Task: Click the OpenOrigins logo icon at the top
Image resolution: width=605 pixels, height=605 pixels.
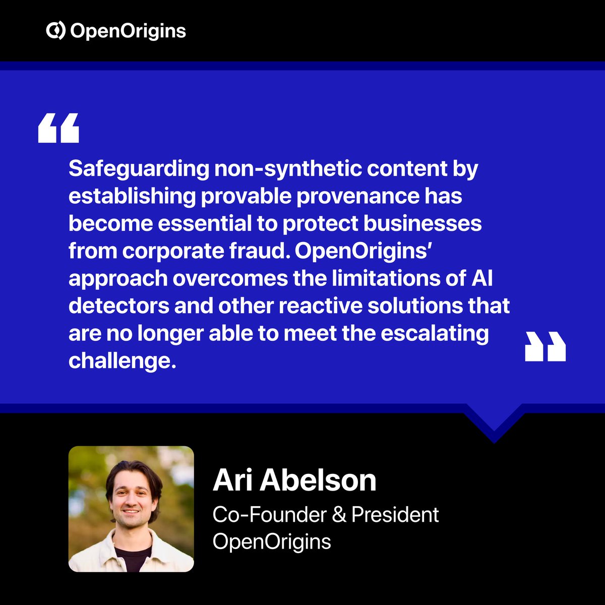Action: coord(55,31)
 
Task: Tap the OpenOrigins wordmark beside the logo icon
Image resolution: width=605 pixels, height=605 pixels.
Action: coord(128,31)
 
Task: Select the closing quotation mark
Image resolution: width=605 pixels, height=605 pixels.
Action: coord(545,347)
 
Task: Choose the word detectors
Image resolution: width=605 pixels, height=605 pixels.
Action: coord(118,306)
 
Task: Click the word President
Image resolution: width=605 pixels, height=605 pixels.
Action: coord(395,515)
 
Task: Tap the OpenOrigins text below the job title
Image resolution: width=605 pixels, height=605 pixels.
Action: coord(272,541)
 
